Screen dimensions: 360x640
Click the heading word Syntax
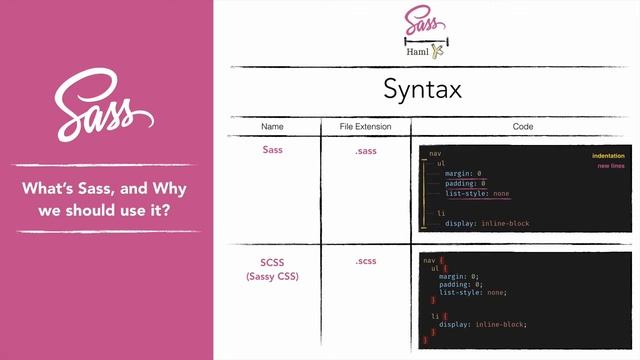tap(422, 89)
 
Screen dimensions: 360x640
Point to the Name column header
tap(272, 127)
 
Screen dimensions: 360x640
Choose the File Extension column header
tap(365, 127)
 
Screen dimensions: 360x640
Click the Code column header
tap(522, 127)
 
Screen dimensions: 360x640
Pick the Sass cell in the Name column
tap(272, 149)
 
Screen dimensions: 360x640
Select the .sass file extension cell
tap(365, 149)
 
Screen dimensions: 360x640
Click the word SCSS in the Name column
tap(272, 262)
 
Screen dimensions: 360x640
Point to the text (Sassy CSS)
tap(272, 276)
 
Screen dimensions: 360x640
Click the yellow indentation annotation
tap(608, 156)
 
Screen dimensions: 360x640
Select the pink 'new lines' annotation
tap(612, 166)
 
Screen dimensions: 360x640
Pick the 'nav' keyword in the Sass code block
tap(434, 153)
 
